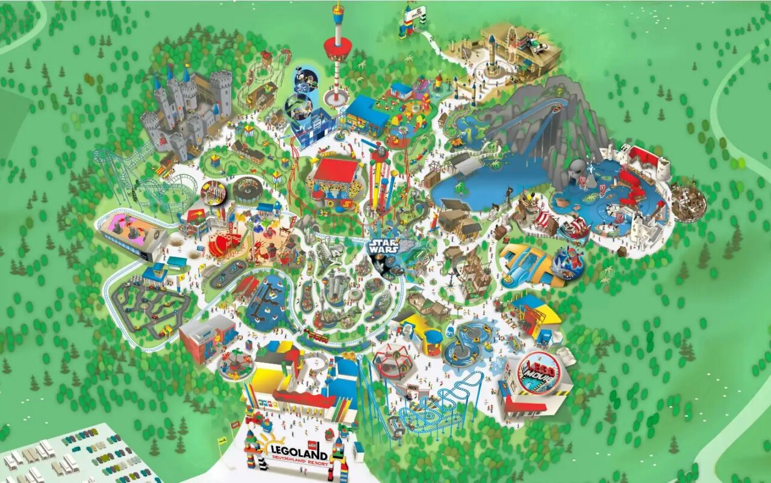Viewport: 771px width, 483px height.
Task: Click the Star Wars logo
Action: point(384,247)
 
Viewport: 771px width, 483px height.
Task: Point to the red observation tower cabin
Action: point(337,46)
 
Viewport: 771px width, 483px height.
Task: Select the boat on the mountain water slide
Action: point(557,108)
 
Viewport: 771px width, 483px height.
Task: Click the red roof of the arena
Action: point(336,170)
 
